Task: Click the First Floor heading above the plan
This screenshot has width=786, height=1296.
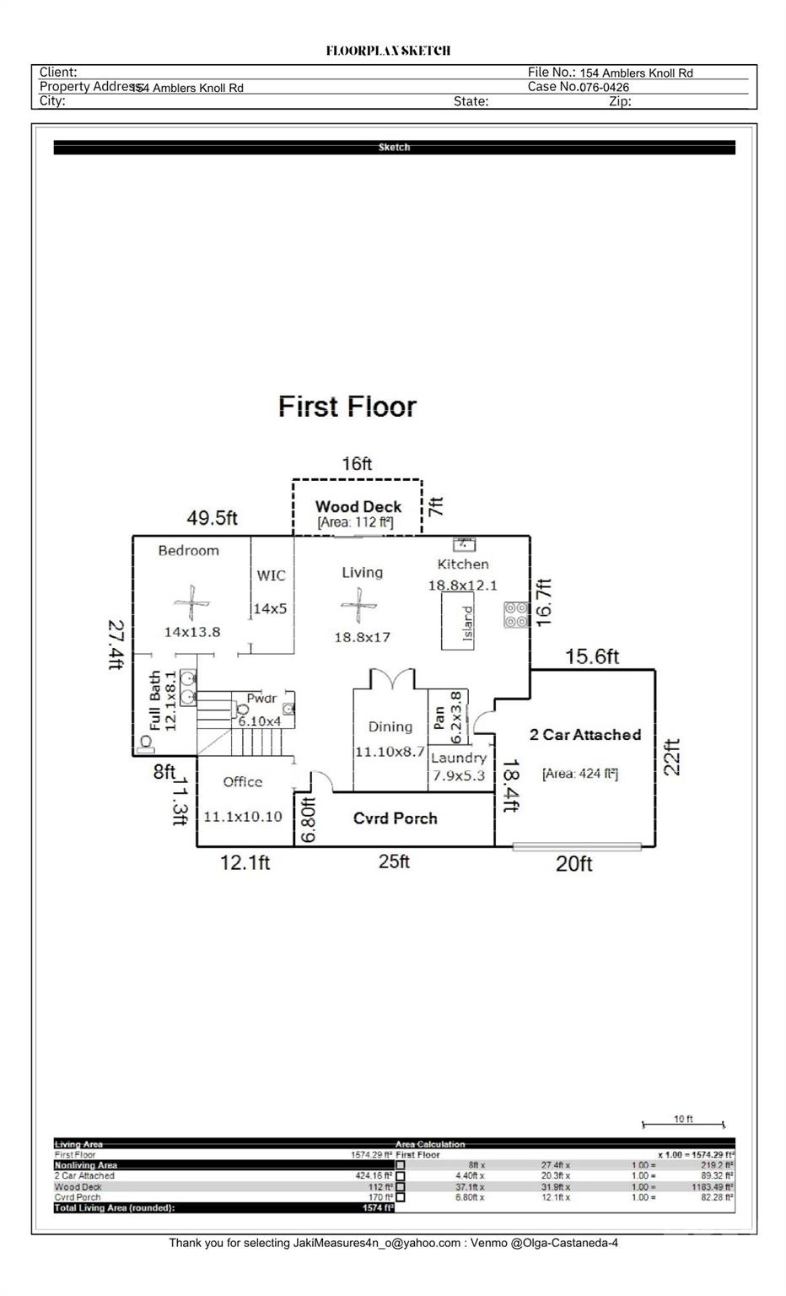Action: click(x=347, y=407)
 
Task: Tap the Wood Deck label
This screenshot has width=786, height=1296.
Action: click(x=358, y=506)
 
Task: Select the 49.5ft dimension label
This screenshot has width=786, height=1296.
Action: click(x=212, y=517)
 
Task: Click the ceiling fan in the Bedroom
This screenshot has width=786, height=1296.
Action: click(x=191, y=604)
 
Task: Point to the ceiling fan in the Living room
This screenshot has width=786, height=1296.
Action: click(x=359, y=606)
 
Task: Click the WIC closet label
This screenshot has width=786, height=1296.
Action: click(x=271, y=575)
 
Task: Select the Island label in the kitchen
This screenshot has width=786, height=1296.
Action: click(x=467, y=623)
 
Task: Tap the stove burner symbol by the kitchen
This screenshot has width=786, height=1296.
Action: click(x=516, y=614)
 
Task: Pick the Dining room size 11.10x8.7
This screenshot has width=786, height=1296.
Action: click(x=390, y=752)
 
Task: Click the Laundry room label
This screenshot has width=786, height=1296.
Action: click(x=459, y=758)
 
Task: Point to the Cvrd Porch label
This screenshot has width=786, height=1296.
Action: click(x=395, y=818)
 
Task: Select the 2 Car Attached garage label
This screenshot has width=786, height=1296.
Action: click(x=585, y=735)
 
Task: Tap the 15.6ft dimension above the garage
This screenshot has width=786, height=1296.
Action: click(x=592, y=656)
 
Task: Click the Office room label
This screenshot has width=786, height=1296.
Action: click(x=243, y=782)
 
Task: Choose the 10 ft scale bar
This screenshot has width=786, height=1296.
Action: click(x=683, y=1123)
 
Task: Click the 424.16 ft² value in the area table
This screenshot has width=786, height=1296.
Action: click(x=374, y=1175)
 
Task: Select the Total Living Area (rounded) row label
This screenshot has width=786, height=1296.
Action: click(x=115, y=1207)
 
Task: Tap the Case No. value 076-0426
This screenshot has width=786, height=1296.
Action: click(x=604, y=87)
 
